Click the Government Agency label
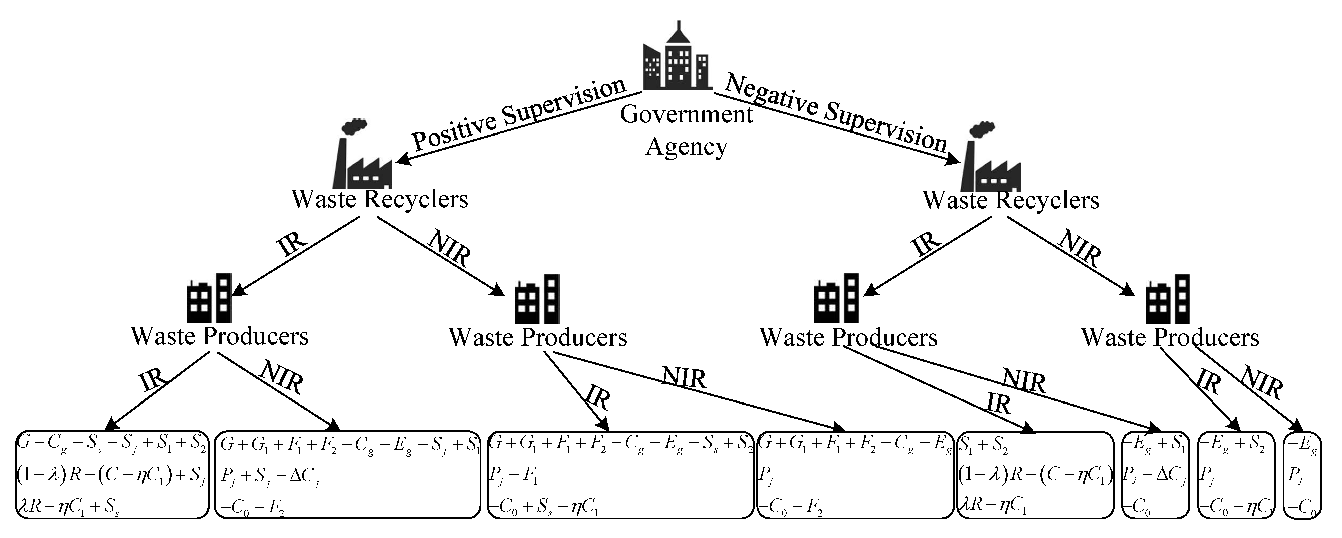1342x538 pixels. point(686,130)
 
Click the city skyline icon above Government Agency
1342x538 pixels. point(676,57)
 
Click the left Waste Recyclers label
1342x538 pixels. point(379,199)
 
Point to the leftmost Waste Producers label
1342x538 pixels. point(219,336)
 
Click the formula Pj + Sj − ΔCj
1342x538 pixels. point(270,477)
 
